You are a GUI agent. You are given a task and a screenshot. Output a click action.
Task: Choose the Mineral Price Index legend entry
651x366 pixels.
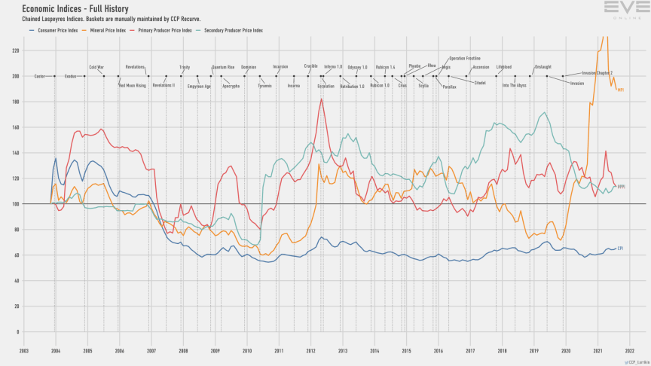point(106,30)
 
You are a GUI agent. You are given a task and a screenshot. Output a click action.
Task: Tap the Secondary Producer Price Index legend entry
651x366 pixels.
point(229,30)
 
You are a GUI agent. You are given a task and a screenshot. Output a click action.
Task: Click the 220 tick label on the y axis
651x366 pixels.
point(14,50)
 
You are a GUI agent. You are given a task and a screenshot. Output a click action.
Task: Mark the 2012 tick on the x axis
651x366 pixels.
point(310,350)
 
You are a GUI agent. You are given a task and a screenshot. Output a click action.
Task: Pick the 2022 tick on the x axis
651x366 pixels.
point(629,350)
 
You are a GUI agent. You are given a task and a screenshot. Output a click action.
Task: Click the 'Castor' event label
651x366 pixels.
point(40,76)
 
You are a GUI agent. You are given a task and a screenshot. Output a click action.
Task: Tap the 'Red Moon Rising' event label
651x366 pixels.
point(132,85)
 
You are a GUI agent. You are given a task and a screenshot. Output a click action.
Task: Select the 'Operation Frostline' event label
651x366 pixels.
point(465,58)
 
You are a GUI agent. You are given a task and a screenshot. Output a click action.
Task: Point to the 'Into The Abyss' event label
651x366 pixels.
point(515,85)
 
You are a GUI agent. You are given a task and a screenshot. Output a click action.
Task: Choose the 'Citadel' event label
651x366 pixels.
point(480,82)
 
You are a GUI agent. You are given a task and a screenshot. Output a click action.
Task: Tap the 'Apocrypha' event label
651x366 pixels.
point(231,86)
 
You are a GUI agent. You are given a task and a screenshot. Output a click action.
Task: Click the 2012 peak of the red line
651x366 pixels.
point(322,99)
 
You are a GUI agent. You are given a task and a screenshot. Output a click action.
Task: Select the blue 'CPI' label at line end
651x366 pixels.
point(620,248)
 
